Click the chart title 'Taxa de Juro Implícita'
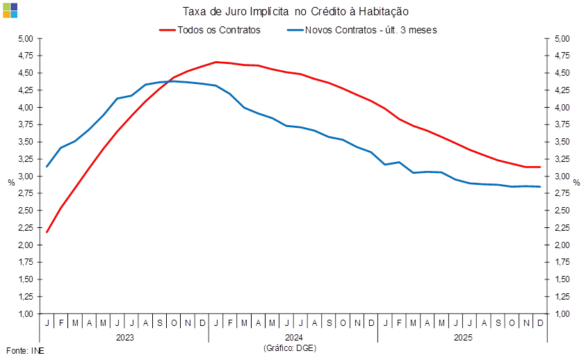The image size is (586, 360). click(295, 11)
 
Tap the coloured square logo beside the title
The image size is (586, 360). click(10, 10)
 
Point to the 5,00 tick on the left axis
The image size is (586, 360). click(26, 39)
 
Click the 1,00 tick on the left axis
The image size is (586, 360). click(26, 314)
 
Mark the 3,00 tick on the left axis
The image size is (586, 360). click(26, 177)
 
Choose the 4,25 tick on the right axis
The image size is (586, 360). click(562, 90)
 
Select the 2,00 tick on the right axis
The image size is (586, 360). click(562, 245)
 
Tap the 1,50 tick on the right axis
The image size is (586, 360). click(562, 279)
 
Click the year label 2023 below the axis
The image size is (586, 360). click(124, 337)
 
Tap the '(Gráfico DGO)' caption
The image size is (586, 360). click(290, 347)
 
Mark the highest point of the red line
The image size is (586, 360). click(217, 62)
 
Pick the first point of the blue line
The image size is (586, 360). click(47, 166)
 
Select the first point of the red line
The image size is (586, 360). click(47, 232)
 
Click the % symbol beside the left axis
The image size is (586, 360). click(11, 182)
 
